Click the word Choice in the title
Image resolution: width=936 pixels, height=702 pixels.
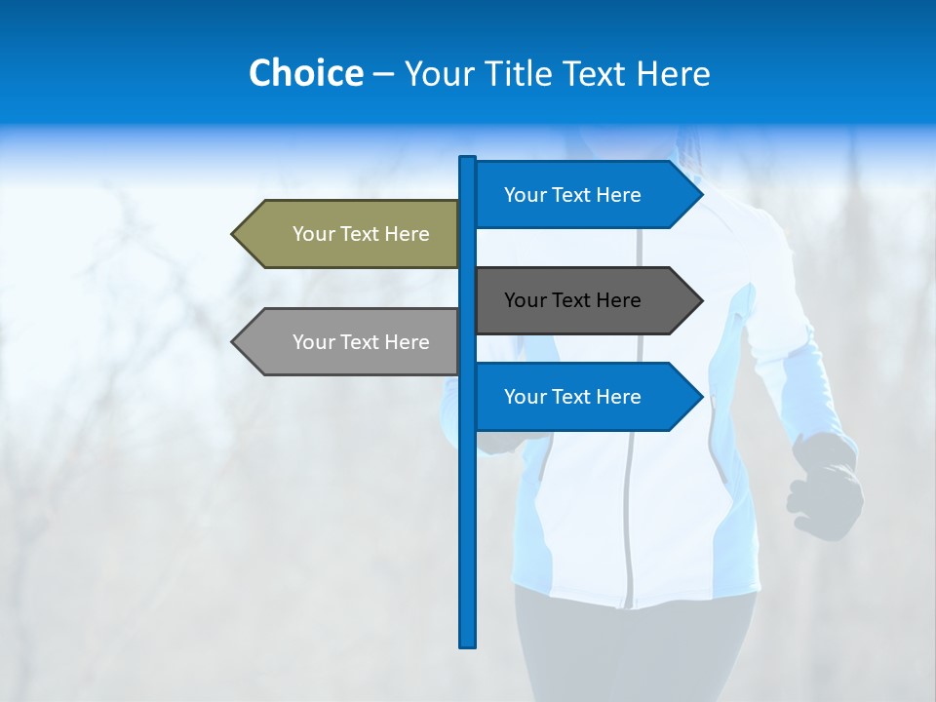coord(305,73)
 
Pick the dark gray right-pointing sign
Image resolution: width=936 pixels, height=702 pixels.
coord(580,300)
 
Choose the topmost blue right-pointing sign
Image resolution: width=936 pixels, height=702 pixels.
coord(580,195)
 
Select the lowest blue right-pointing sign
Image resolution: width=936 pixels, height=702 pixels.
coord(580,397)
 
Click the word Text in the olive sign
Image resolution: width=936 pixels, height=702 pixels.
coord(361,234)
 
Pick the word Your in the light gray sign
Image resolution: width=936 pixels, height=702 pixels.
coord(312,342)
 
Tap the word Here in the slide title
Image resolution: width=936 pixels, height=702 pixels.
coord(674,73)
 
